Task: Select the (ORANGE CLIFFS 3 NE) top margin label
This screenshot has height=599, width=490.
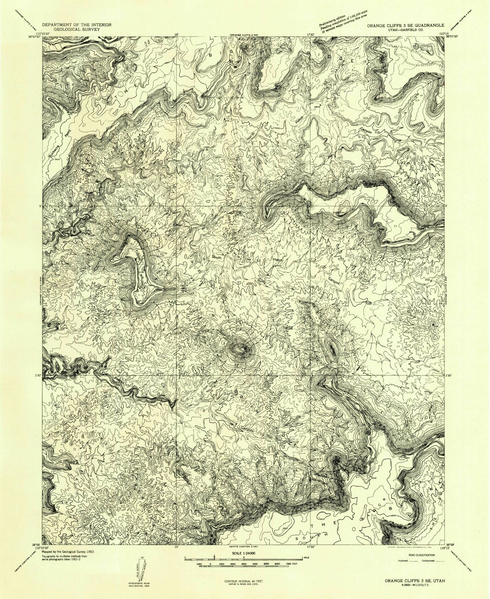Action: (x=243, y=35)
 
